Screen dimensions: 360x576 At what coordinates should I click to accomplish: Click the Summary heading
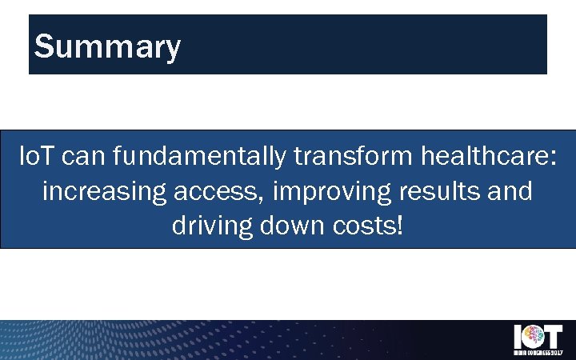click(x=107, y=47)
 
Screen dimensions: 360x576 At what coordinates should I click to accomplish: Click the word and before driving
click(x=510, y=193)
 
